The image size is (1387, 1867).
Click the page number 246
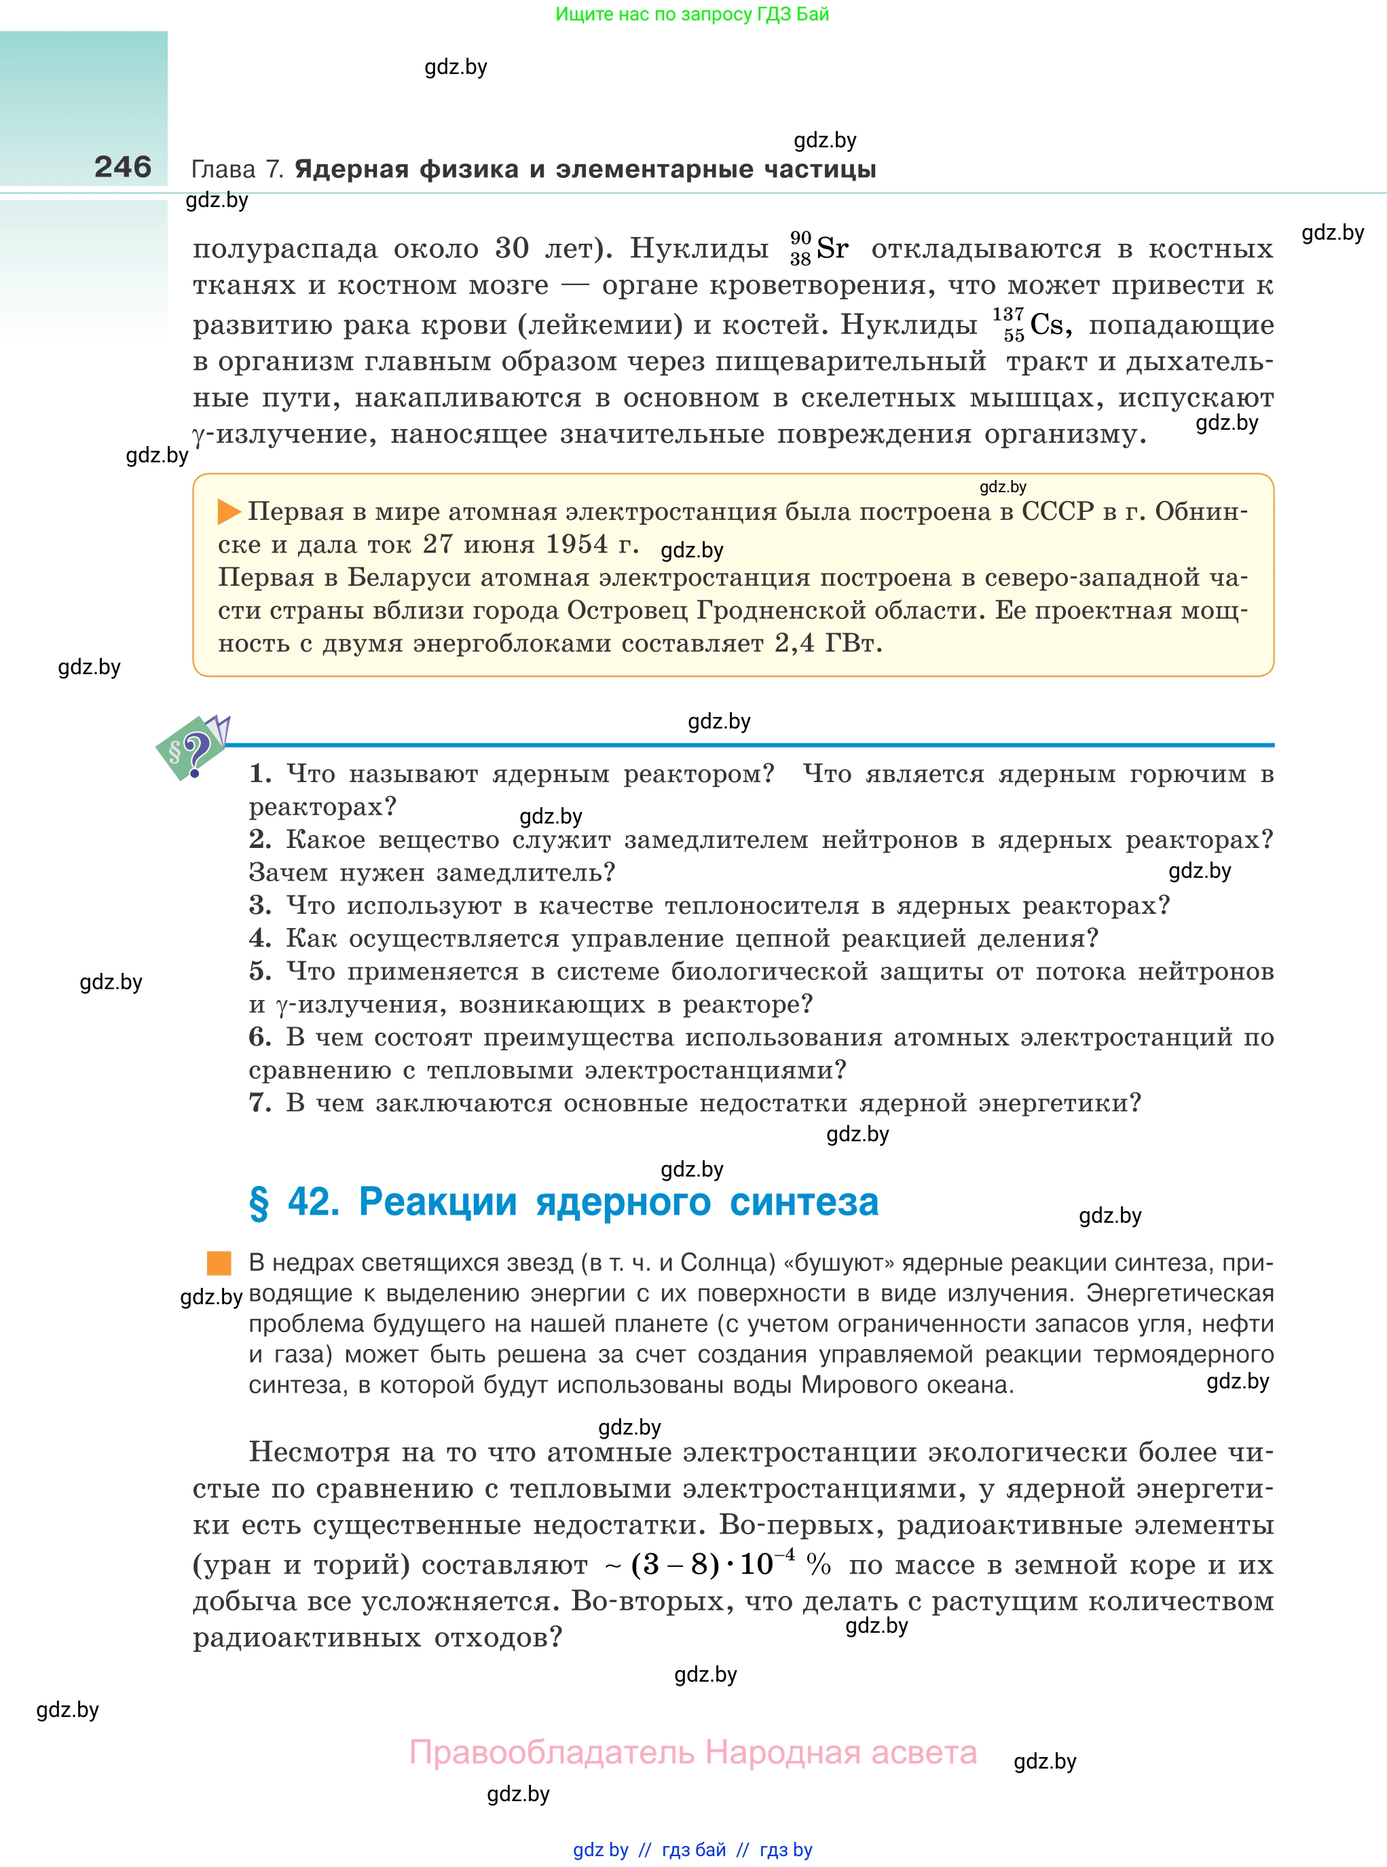(x=123, y=167)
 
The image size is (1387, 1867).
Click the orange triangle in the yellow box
(x=228, y=511)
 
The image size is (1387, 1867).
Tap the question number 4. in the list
(x=259, y=938)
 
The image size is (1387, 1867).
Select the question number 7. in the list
(x=259, y=1103)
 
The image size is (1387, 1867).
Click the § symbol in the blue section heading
(x=259, y=1202)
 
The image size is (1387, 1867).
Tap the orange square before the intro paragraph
(x=219, y=1263)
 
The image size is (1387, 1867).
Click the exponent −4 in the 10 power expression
(x=785, y=1554)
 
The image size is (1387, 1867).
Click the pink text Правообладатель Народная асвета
(x=692, y=1752)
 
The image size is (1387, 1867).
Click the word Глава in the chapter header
(x=223, y=170)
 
